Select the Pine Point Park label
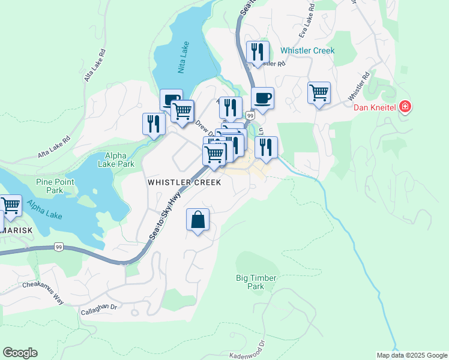(55, 186)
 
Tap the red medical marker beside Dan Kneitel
(406, 107)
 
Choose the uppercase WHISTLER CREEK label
(185, 182)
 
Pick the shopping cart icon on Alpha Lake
(10, 206)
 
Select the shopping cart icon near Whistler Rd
(319, 93)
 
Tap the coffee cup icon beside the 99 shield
(262, 97)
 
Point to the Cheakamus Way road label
(43, 292)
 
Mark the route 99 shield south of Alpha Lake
(59, 247)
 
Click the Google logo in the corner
(20, 352)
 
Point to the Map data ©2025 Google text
(411, 355)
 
